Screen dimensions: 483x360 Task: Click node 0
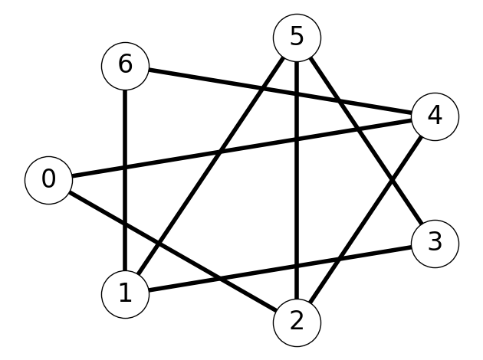[48, 180]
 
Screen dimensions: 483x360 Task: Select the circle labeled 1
[126, 294]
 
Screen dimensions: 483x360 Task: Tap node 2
[297, 322]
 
